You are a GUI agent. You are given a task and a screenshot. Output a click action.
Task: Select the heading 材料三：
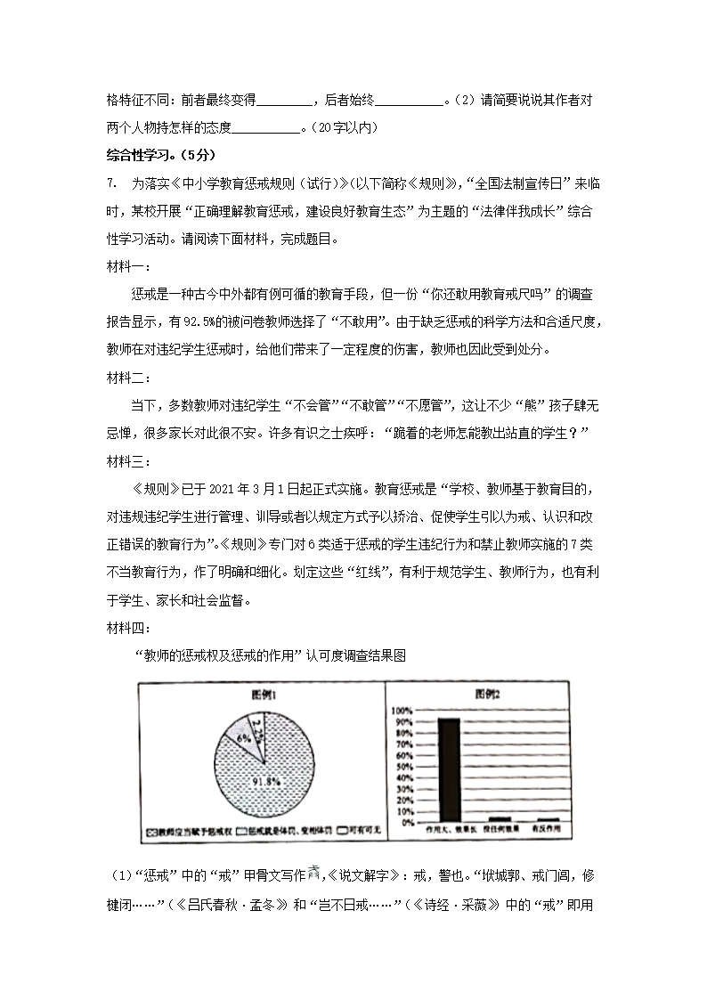pyautogui.click(x=128, y=460)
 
